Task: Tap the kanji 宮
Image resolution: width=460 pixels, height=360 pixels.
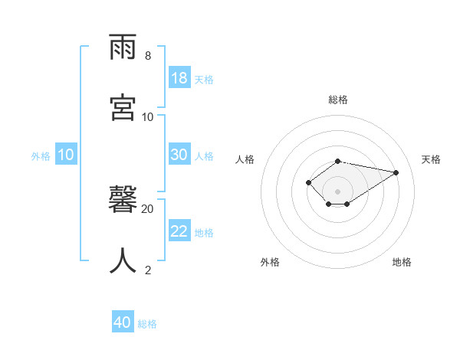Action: tap(123, 107)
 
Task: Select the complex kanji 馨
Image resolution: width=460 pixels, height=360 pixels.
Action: tap(123, 201)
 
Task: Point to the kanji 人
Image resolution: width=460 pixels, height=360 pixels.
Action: tap(123, 260)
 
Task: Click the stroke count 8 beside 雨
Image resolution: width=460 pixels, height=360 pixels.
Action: tap(147, 56)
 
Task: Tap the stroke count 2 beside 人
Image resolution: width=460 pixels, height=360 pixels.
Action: tap(147, 269)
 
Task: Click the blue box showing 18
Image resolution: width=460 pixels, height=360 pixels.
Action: tap(179, 78)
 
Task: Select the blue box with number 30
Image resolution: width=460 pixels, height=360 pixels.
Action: tap(179, 155)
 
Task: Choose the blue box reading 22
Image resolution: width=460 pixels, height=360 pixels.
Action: tap(179, 231)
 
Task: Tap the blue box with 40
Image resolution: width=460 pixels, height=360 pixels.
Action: tap(123, 322)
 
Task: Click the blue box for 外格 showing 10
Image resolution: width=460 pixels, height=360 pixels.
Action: tap(66, 155)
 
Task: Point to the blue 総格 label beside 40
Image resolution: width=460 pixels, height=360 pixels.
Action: tap(147, 324)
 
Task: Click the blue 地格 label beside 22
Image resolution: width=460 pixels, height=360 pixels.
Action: tap(204, 233)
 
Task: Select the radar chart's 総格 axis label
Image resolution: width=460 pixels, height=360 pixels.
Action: tap(338, 100)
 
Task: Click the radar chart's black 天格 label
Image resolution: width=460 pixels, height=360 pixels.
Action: tap(431, 159)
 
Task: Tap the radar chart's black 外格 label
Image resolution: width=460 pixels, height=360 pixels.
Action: tap(270, 262)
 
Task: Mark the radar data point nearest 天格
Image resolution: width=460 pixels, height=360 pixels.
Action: tap(396, 172)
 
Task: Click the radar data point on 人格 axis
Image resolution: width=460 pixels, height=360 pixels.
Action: tap(308, 182)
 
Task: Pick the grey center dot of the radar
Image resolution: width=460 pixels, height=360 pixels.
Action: tap(337, 191)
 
